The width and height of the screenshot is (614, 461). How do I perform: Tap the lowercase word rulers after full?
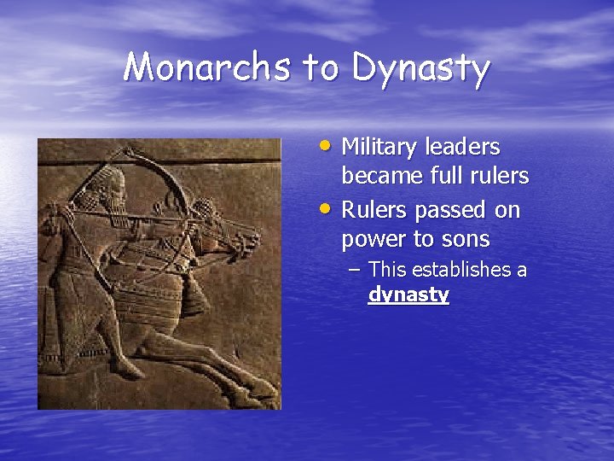[502, 177]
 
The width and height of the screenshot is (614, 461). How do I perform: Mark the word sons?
[465, 240]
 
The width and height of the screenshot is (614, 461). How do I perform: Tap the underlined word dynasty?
[408, 295]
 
